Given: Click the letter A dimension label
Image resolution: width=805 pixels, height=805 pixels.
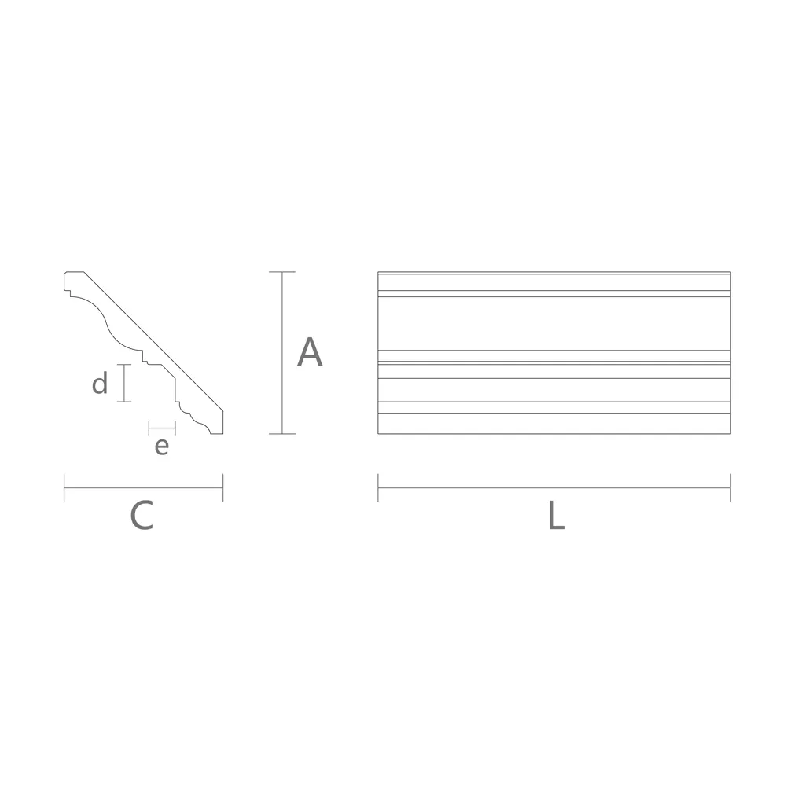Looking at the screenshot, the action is pyautogui.click(x=310, y=352).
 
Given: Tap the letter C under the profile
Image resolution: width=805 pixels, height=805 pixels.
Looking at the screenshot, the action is pyautogui.click(x=142, y=515).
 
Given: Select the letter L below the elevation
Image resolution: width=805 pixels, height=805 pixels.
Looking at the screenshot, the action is pyautogui.click(x=557, y=515).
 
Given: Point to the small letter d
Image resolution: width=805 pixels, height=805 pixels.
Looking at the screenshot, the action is pyautogui.click(x=100, y=383).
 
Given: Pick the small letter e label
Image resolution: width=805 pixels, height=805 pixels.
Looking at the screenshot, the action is pyautogui.click(x=162, y=447).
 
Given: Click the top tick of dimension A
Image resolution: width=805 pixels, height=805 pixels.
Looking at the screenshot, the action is pyautogui.click(x=282, y=271).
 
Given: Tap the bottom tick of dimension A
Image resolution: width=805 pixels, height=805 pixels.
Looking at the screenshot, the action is pyautogui.click(x=282, y=434).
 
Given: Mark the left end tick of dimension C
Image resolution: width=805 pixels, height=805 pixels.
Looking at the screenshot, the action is pyautogui.click(x=64, y=487).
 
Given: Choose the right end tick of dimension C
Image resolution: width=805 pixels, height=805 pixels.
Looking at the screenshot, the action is pyautogui.click(x=222, y=487).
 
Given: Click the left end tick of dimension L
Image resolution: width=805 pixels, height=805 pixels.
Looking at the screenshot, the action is pyautogui.click(x=378, y=487).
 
